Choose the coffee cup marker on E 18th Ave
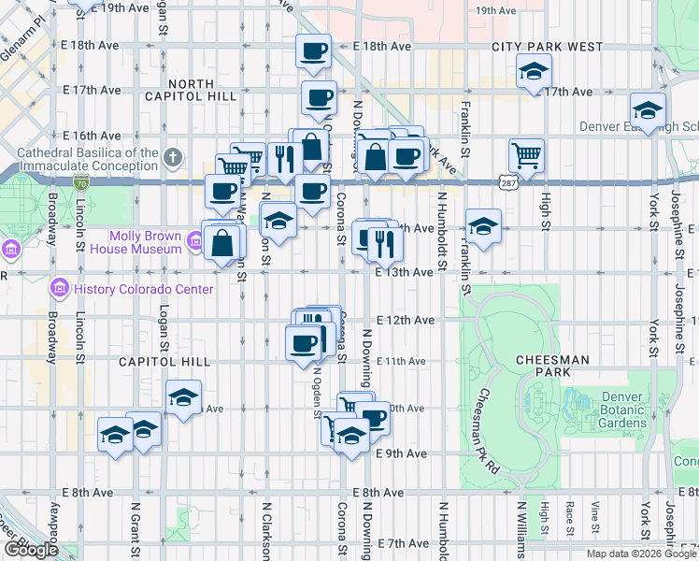(x=314, y=50)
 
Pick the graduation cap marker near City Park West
(x=534, y=71)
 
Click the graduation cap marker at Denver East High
(x=648, y=109)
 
